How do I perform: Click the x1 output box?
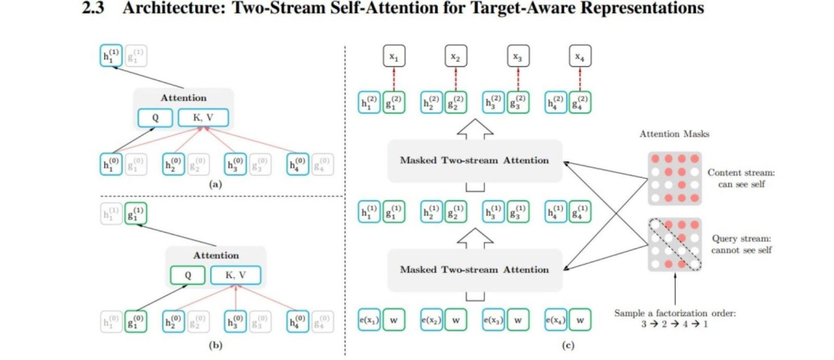394,56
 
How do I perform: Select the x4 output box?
578,56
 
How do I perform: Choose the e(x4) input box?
554,319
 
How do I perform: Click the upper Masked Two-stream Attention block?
474,160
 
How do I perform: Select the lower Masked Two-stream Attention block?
474,270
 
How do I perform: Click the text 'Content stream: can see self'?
741,178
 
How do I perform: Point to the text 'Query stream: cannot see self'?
741,244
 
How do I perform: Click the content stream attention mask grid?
670,178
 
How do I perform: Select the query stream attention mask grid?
670,245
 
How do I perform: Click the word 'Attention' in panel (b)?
215,255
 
